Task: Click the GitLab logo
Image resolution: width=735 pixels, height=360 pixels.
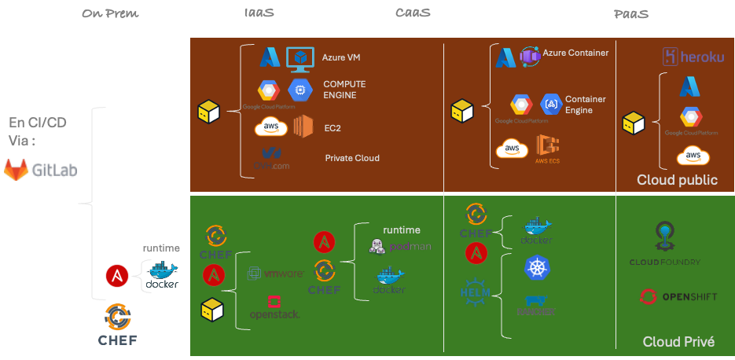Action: click(x=41, y=169)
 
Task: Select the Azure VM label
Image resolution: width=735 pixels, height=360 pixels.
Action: click(x=341, y=57)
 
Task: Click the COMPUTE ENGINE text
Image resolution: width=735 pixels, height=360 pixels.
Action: click(x=344, y=90)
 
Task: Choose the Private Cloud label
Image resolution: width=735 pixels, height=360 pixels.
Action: click(x=351, y=158)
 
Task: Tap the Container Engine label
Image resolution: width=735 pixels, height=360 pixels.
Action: click(x=585, y=105)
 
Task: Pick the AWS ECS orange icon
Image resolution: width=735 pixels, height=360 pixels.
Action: click(x=548, y=147)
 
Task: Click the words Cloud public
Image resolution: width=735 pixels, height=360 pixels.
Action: click(x=677, y=180)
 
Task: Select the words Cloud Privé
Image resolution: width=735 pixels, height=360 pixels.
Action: click(x=678, y=341)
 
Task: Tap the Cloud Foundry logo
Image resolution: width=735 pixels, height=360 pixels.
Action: click(x=664, y=244)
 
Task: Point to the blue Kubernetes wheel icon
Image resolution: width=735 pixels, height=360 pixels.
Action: click(x=537, y=267)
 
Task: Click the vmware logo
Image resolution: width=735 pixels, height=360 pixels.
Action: click(x=276, y=274)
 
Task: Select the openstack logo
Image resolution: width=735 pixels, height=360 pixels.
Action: click(x=274, y=307)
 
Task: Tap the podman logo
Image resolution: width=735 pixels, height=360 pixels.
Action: click(x=400, y=247)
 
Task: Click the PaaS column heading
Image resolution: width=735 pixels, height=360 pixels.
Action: click(x=631, y=13)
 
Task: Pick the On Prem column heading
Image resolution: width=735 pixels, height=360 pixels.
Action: click(x=110, y=13)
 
